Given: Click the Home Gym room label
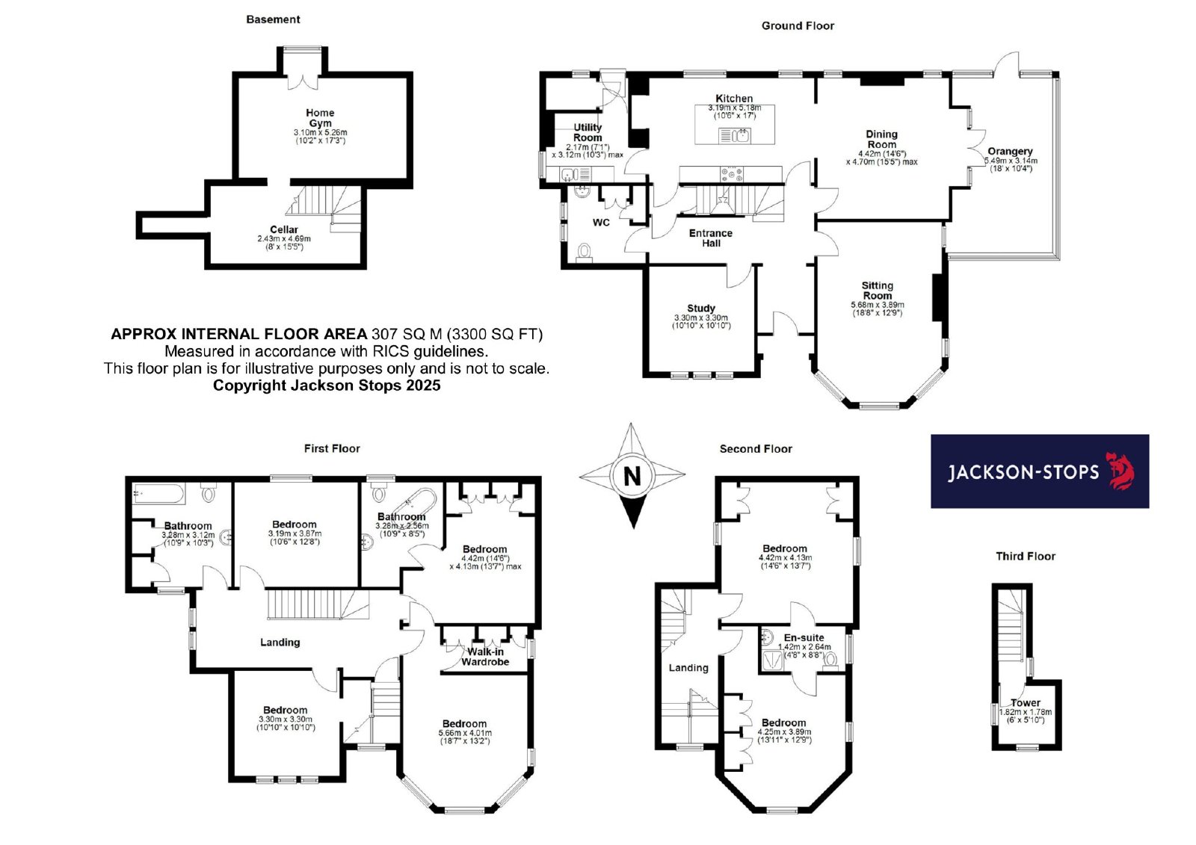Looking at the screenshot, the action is (x=320, y=118).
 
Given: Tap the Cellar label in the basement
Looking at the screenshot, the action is (x=283, y=229).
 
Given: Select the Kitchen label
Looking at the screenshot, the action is (x=734, y=99).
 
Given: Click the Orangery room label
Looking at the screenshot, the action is (x=1010, y=151).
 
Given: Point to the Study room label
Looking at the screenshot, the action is (x=701, y=308).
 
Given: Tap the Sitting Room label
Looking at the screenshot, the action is (x=878, y=291).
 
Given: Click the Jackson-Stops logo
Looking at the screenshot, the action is (x=1040, y=471).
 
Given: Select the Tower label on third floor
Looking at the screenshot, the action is (x=1026, y=703).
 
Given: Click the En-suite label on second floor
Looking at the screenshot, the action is (x=804, y=637).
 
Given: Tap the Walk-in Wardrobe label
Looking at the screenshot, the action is (x=485, y=657).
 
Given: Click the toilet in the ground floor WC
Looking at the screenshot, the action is (x=585, y=252).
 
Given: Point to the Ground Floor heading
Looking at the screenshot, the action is (x=798, y=25).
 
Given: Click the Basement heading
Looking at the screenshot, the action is (x=273, y=19).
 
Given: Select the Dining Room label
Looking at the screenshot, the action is (x=881, y=139).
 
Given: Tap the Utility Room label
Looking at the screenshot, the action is (x=588, y=132).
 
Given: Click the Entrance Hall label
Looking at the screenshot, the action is (x=711, y=238).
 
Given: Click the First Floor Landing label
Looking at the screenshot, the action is (x=280, y=643).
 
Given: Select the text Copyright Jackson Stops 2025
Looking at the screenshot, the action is (x=327, y=386).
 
